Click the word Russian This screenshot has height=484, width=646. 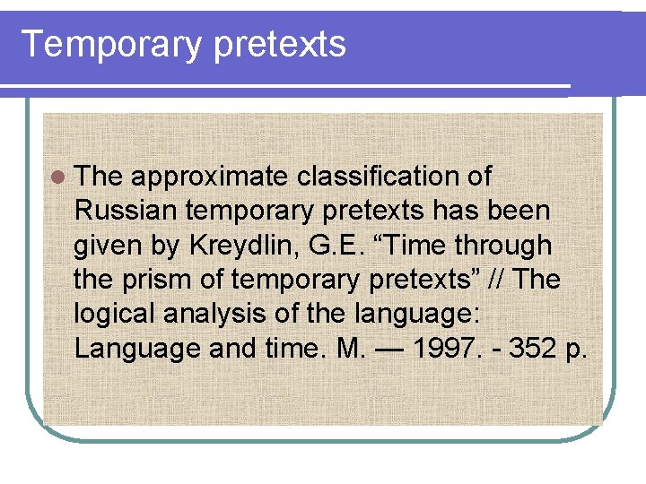coord(127,211)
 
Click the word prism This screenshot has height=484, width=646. coord(151,279)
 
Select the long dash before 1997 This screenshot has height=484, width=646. coord(393,348)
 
